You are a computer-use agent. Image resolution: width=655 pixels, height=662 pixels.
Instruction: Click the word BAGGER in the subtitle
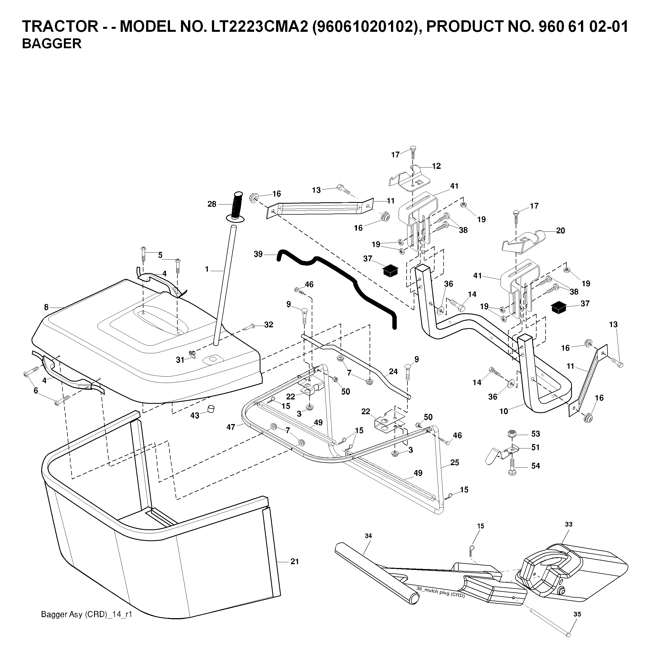click(52, 44)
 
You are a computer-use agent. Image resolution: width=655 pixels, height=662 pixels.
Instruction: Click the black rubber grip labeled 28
click(237, 206)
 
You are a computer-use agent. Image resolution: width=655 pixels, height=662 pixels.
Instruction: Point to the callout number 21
click(294, 561)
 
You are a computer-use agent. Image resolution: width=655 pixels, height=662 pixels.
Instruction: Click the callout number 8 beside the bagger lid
click(46, 307)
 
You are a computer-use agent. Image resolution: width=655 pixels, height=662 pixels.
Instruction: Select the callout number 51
click(535, 447)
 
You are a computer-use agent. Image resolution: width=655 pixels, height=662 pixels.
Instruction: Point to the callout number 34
click(368, 536)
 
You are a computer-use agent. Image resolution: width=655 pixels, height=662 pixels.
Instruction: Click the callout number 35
click(577, 614)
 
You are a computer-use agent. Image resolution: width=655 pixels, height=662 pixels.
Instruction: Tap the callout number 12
click(436, 166)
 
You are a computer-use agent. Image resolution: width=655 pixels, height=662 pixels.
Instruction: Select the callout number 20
click(560, 231)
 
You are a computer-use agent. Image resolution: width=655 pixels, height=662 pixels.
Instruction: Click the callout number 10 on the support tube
click(503, 411)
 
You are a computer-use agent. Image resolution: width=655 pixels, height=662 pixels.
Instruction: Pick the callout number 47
click(231, 427)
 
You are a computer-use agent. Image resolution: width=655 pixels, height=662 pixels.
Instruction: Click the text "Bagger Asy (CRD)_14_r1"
click(86, 614)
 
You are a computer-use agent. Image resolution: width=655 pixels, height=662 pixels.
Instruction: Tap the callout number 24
click(393, 371)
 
